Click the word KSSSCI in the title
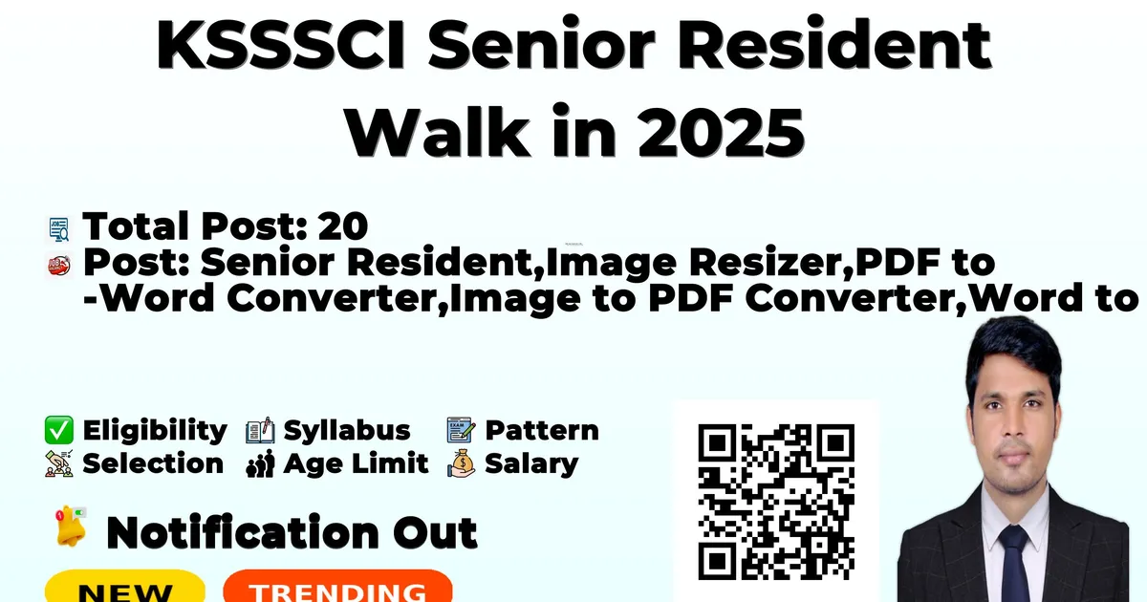(281, 45)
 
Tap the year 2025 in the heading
(721, 132)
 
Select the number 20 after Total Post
(342, 226)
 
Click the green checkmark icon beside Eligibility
(59, 430)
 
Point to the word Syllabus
(347, 431)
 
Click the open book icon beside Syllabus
(260, 431)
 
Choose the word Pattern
(542, 431)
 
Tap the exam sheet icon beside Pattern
(461, 430)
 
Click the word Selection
(153, 463)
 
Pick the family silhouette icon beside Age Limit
(260, 464)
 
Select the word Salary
(531, 464)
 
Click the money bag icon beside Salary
(461, 463)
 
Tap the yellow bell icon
(71, 527)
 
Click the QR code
(776, 502)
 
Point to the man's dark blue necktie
(1015, 563)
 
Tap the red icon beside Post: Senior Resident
(59, 266)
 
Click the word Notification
(243, 533)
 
